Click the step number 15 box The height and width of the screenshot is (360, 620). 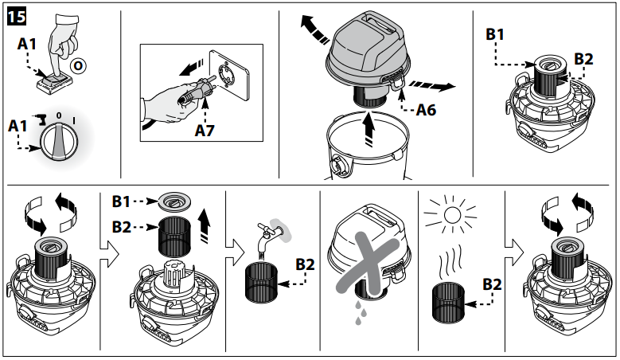click(17, 18)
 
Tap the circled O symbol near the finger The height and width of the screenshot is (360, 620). click(78, 65)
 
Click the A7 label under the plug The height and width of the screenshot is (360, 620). click(205, 130)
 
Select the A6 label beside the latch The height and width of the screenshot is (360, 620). click(426, 110)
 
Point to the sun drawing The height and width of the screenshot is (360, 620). click(452, 215)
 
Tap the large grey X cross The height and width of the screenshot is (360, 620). click(368, 263)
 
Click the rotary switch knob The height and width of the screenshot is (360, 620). click(60, 141)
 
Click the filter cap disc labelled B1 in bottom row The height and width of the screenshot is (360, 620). click(175, 202)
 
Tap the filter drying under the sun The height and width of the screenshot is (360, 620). click(448, 302)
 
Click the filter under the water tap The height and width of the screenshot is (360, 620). click(261, 283)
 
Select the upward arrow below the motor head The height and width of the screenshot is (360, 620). click(369, 129)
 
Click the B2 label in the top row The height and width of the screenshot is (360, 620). click(583, 59)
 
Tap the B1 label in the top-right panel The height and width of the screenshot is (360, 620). click(495, 34)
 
